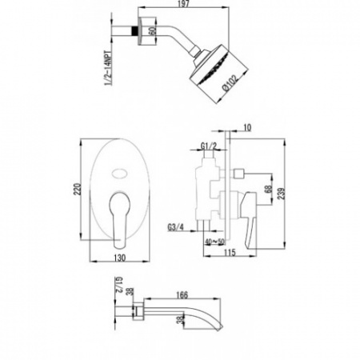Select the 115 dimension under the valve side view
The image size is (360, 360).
(229, 255)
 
